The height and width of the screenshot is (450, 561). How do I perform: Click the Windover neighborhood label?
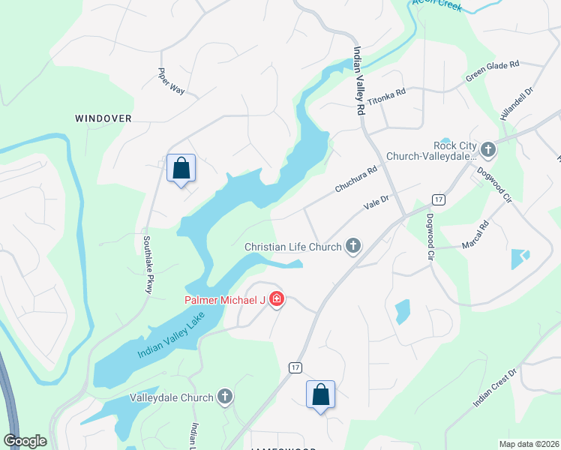(x=103, y=118)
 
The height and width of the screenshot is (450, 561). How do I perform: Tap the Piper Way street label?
(x=171, y=82)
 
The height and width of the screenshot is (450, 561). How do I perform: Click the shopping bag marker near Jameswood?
(x=320, y=394)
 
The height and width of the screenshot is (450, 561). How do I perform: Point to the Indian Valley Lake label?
(x=171, y=337)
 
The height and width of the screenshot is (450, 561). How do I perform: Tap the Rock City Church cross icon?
(x=488, y=150)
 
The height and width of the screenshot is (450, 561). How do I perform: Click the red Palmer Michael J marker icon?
(x=277, y=300)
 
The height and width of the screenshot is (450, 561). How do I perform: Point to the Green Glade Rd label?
(x=493, y=71)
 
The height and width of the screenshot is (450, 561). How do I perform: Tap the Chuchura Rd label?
(x=355, y=179)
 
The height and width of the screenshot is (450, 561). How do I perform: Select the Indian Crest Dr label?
(x=495, y=388)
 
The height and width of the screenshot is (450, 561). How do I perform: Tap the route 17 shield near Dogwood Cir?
(x=438, y=199)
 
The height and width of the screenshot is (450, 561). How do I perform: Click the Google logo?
(x=25, y=441)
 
